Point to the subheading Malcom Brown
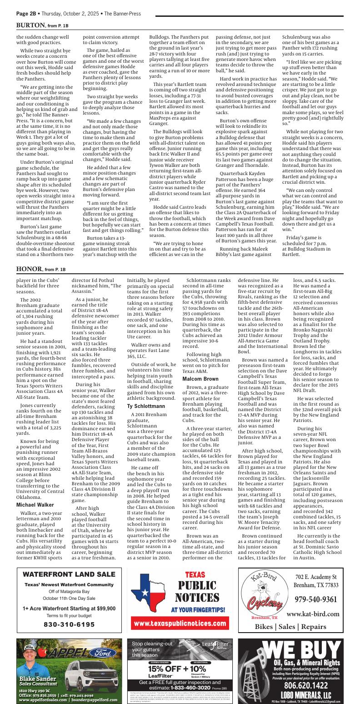coord(200,379)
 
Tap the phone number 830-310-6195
coord(69,624)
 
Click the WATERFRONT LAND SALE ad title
coord(69,574)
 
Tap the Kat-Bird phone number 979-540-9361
coord(316,599)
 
